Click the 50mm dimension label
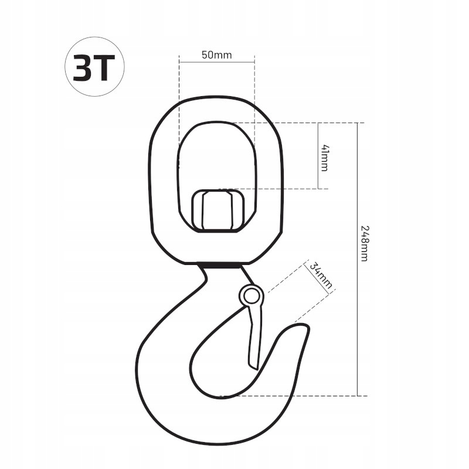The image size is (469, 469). click(216, 55)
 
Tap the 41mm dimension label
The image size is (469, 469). click(324, 158)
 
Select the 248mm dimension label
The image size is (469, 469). click(364, 243)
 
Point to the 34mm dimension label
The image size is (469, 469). click(321, 275)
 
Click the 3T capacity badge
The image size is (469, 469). click(94, 66)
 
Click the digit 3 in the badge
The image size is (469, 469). click(81, 67)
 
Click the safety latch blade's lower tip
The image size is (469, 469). click(257, 369)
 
